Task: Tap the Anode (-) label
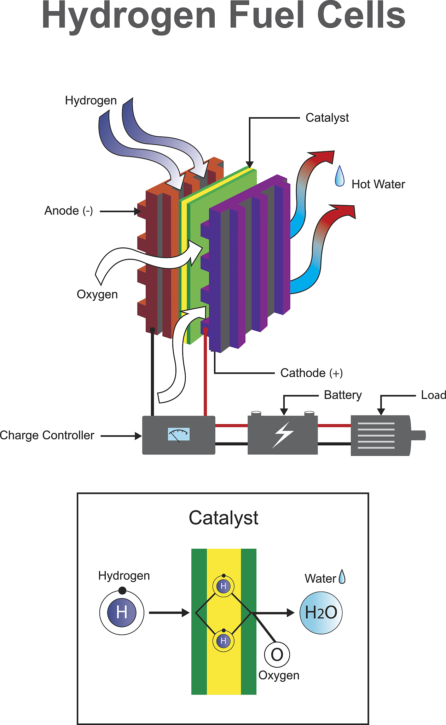tap(68, 211)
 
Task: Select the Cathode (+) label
tap(311, 373)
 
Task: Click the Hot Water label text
tap(378, 184)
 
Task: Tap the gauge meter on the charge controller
tap(179, 434)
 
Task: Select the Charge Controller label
tap(47, 435)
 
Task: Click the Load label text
tap(433, 395)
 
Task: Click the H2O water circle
tap(321, 613)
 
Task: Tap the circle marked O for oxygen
tap(277, 655)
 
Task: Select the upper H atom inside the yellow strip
tap(223, 586)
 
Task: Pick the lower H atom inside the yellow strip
tap(223, 641)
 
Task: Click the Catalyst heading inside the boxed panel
tap(223, 518)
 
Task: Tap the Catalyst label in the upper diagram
tap(327, 118)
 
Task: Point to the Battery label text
tap(342, 395)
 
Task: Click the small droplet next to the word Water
tap(342, 577)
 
